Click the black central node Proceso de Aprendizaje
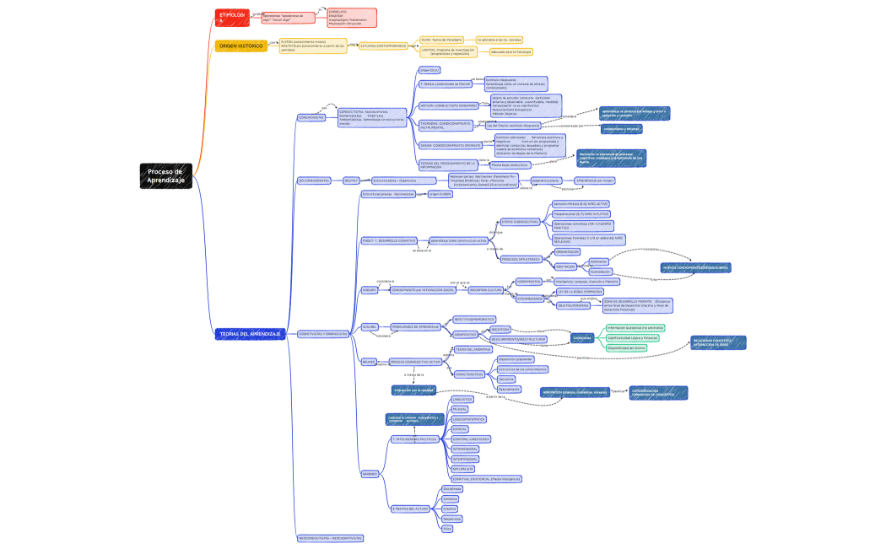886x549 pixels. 165,176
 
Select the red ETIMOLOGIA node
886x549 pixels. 232,16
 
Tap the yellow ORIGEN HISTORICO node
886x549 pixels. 240,46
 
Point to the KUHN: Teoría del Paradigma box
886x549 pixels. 442,39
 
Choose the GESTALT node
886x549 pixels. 351,180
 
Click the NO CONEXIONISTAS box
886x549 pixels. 313,180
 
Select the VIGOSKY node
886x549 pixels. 369,290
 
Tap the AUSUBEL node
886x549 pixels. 369,326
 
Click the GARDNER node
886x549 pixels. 370,474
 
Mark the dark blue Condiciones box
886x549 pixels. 581,337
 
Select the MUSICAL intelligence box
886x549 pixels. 460,409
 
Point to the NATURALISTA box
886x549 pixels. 463,468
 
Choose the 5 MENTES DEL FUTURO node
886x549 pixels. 413,509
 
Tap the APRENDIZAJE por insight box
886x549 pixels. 595,180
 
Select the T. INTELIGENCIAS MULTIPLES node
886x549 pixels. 414,439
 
